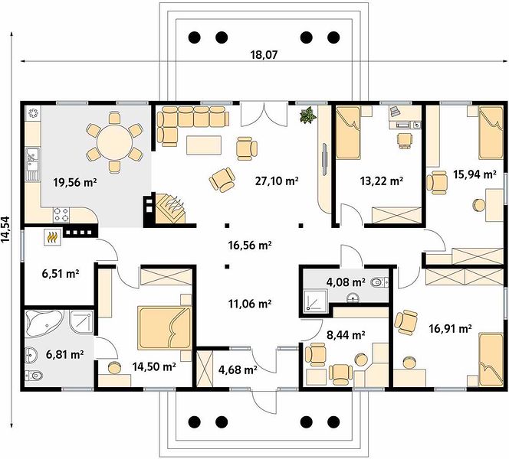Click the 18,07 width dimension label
264,55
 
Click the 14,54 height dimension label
6,229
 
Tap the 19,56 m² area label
75,183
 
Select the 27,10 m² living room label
277,181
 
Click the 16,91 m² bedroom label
450,329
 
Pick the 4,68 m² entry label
238,369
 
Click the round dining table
114,142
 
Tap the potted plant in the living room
308,115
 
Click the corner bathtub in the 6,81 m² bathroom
44,323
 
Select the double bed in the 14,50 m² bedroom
164,328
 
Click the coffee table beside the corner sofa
204,145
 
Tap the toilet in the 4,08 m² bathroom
379,282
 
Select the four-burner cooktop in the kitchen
61,214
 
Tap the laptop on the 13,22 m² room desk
395,111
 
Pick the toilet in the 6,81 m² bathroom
34,376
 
